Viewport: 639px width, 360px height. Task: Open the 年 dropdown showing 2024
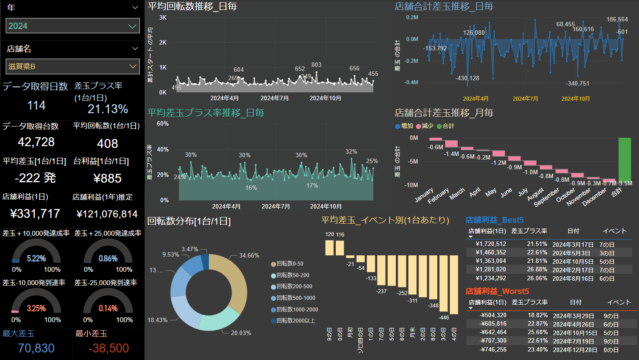point(73,26)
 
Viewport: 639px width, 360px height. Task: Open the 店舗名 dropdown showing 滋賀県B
point(73,66)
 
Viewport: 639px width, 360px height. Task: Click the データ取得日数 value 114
point(37,106)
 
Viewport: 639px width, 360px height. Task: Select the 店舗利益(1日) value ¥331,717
point(35,213)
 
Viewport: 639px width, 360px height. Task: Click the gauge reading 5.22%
point(37,258)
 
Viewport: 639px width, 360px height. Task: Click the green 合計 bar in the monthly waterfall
point(624,159)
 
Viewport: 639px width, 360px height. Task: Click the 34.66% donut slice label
point(249,255)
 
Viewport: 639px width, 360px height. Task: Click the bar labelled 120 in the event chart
point(330,248)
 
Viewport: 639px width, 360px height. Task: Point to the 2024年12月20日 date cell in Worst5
point(575,350)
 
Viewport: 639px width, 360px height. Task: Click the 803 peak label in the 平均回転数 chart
point(316,65)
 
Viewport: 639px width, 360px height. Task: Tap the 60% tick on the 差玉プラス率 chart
point(163,123)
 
